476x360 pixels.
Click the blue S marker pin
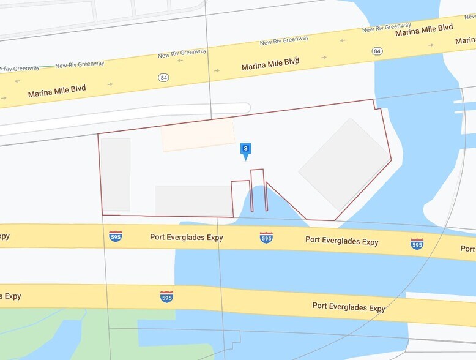coord(246,149)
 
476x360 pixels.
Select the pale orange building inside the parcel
coord(198,135)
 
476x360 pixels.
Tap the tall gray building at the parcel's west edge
coord(116,174)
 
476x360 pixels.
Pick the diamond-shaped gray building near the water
coord(344,165)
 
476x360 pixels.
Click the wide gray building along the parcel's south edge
coord(192,200)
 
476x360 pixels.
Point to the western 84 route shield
coord(163,78)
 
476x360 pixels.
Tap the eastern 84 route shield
coord(377,51)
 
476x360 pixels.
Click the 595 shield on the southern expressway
coord(166,297)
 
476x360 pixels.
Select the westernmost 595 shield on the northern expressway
coord(115,236)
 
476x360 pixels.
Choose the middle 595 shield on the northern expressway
coord(266,238)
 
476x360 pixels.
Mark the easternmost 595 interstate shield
coord(417,244)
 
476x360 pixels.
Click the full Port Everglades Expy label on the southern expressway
coord(349,307)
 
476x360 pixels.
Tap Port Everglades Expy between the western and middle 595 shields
coord(187,237)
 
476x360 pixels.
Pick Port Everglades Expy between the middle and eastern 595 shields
coord(341,241)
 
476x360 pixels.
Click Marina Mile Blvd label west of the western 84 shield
coord(57,92)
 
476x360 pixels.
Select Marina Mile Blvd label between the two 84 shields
coord(270,64)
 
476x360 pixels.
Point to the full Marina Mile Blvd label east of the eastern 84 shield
coord(424,29)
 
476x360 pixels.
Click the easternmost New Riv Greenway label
coord(387,28)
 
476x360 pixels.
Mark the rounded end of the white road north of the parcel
coord(245,108)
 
